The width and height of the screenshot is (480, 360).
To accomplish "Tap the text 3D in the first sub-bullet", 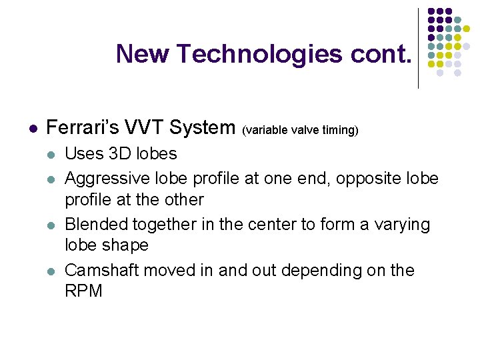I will pyautogui.click(x=121, y=153).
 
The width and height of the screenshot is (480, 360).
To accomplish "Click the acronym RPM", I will pyautogui.click(x=83, y=291).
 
